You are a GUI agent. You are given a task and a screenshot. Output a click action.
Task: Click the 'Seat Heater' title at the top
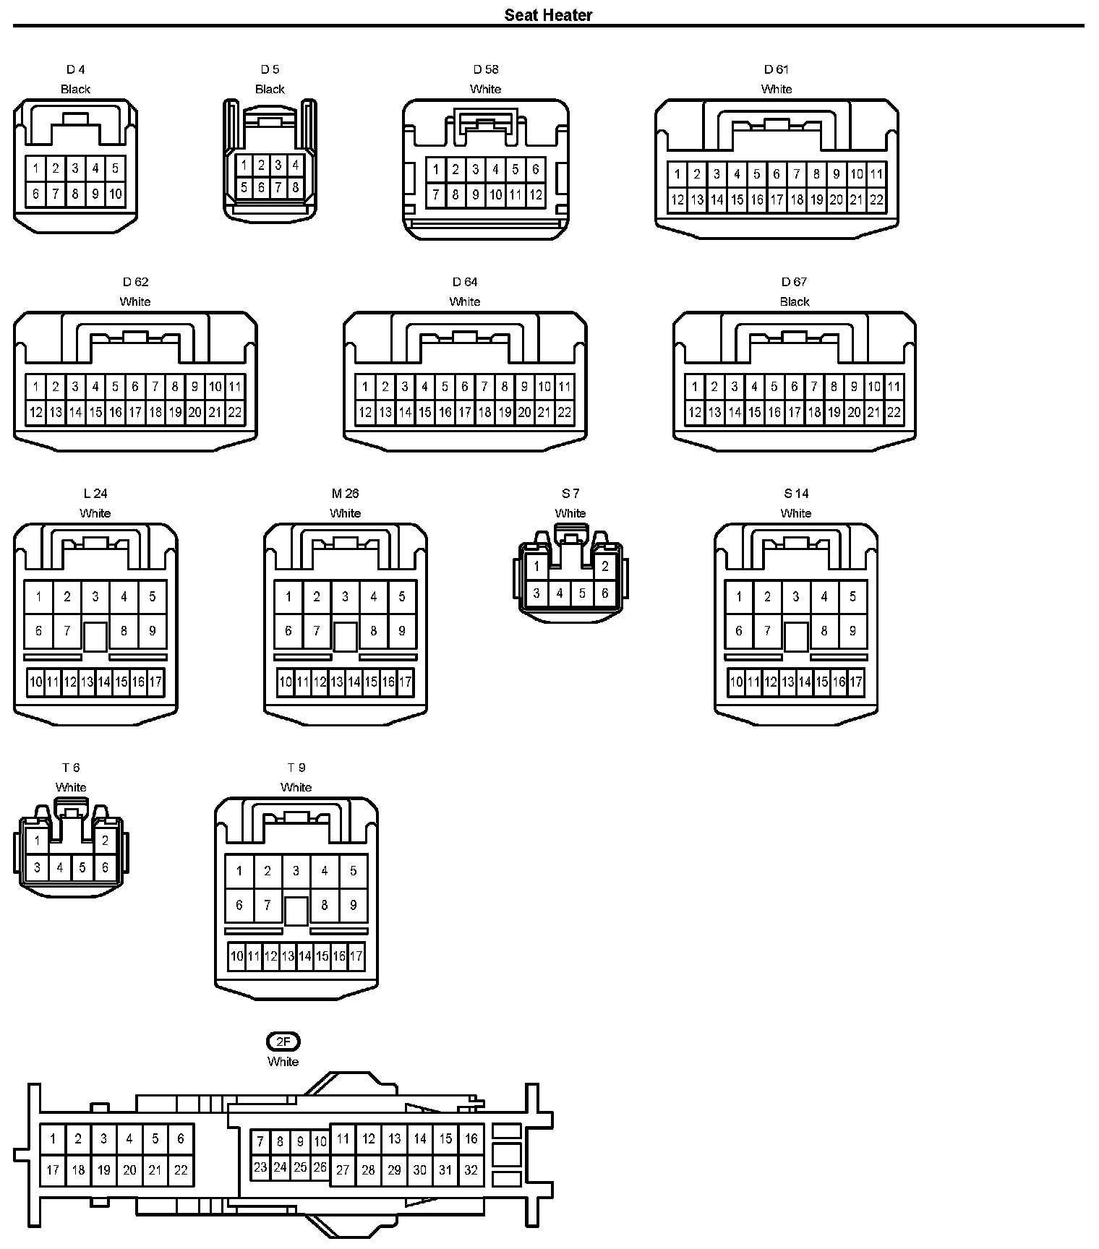(x=548, y=14)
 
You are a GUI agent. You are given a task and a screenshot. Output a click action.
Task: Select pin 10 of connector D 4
(x=115, y=194)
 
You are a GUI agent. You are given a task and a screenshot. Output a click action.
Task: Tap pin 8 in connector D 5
(x=295, y=187)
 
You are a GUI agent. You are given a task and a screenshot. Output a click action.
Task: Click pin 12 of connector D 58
(x=535, y=194)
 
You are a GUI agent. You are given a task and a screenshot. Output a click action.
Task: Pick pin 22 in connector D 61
(x=876, y=199)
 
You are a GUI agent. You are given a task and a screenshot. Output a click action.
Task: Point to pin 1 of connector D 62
(x=35, y=387)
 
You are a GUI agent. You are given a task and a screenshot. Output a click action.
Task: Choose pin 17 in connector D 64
(x=465, y=412)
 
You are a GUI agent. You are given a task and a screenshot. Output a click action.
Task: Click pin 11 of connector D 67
(x=894, y=387)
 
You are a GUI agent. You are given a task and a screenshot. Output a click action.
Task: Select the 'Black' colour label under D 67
(x=794, y=301)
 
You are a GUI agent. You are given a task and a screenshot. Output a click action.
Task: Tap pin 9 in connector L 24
(x=152, y=630)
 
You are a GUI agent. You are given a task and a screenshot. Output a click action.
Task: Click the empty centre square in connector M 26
(x=345, y=636)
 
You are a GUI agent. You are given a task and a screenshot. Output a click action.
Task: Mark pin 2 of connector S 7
(x=605, y=567)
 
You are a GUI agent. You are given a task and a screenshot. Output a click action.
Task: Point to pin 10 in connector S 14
(x=736, y=682)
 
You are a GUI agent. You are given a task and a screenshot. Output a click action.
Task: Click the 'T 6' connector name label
(x=71, y=768)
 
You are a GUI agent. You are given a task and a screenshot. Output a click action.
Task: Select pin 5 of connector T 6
(x=82, y=867)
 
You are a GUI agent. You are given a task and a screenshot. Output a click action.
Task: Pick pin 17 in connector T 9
(x=356, y=956)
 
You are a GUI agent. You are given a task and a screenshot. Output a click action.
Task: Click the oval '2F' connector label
(x=283, y=1042)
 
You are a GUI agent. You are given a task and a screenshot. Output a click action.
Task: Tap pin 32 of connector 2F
(x=471, y=1169)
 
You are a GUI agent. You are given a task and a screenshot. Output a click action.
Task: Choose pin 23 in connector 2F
(x=260, y=1167)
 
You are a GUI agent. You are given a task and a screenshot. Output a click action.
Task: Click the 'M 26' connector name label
(x=345, y=494)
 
